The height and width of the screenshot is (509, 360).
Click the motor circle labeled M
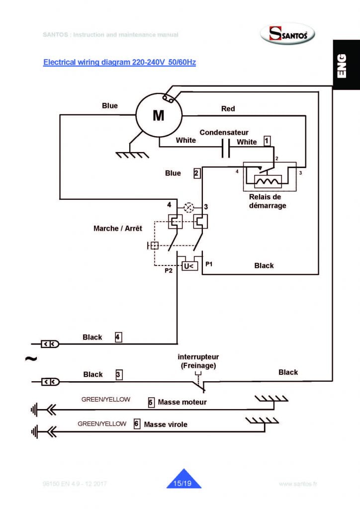click(158, 115)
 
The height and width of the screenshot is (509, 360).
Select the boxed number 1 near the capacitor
click(267, 141)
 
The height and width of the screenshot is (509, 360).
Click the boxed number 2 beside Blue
click(197, 173)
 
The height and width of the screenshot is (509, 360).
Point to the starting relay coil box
click(268, 181)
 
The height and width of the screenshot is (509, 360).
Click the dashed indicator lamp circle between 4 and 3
click(188, 206)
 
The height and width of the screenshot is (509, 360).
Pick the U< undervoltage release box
click(189, 266)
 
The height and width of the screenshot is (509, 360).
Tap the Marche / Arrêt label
click(118, 228)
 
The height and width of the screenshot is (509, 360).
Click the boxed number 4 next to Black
click(118, 337)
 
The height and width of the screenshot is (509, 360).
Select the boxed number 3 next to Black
click(119, 374)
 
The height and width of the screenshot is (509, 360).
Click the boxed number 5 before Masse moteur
click(151, 402)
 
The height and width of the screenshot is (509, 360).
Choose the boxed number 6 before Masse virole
click(137, 424)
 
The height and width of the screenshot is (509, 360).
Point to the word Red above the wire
click(228, 108)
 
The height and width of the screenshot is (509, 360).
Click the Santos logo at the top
click(288, 34)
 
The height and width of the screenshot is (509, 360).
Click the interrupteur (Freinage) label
click(198, 361)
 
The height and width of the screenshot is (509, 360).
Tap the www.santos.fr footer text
click(298, 484)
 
